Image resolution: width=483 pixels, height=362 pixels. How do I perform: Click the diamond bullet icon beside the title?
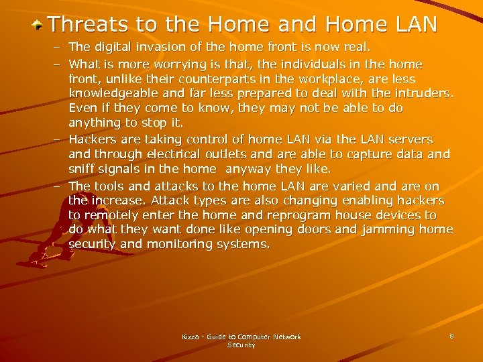[39, 25]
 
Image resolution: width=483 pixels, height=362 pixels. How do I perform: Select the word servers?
[409, 139]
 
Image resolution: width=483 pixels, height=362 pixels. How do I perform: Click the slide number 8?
[451, 336]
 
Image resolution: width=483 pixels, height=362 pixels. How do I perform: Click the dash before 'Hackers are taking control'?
[58, 139]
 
